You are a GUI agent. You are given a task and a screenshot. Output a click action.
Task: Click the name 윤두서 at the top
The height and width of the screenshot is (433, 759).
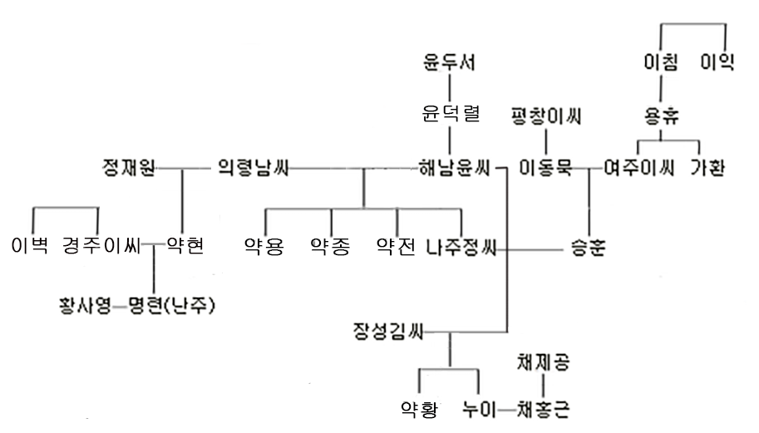(x=451, y=62)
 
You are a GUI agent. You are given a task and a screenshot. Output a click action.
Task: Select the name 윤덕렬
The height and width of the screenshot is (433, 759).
(x=451, y=115)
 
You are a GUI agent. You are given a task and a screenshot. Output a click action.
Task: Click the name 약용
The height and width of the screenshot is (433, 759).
(x=264, y=246)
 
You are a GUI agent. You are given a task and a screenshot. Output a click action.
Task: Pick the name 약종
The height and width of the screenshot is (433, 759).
(x=330, y=246)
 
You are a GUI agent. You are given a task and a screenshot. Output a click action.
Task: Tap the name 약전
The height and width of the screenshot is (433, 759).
(x=396, y=246)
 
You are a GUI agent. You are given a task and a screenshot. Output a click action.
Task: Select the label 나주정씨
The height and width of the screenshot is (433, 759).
(x=460, y=247)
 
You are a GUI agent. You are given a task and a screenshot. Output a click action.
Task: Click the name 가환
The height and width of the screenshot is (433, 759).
(x=707, y=169)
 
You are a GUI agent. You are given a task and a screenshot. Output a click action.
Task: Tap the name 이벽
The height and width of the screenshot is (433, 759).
(x=31, y=246)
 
